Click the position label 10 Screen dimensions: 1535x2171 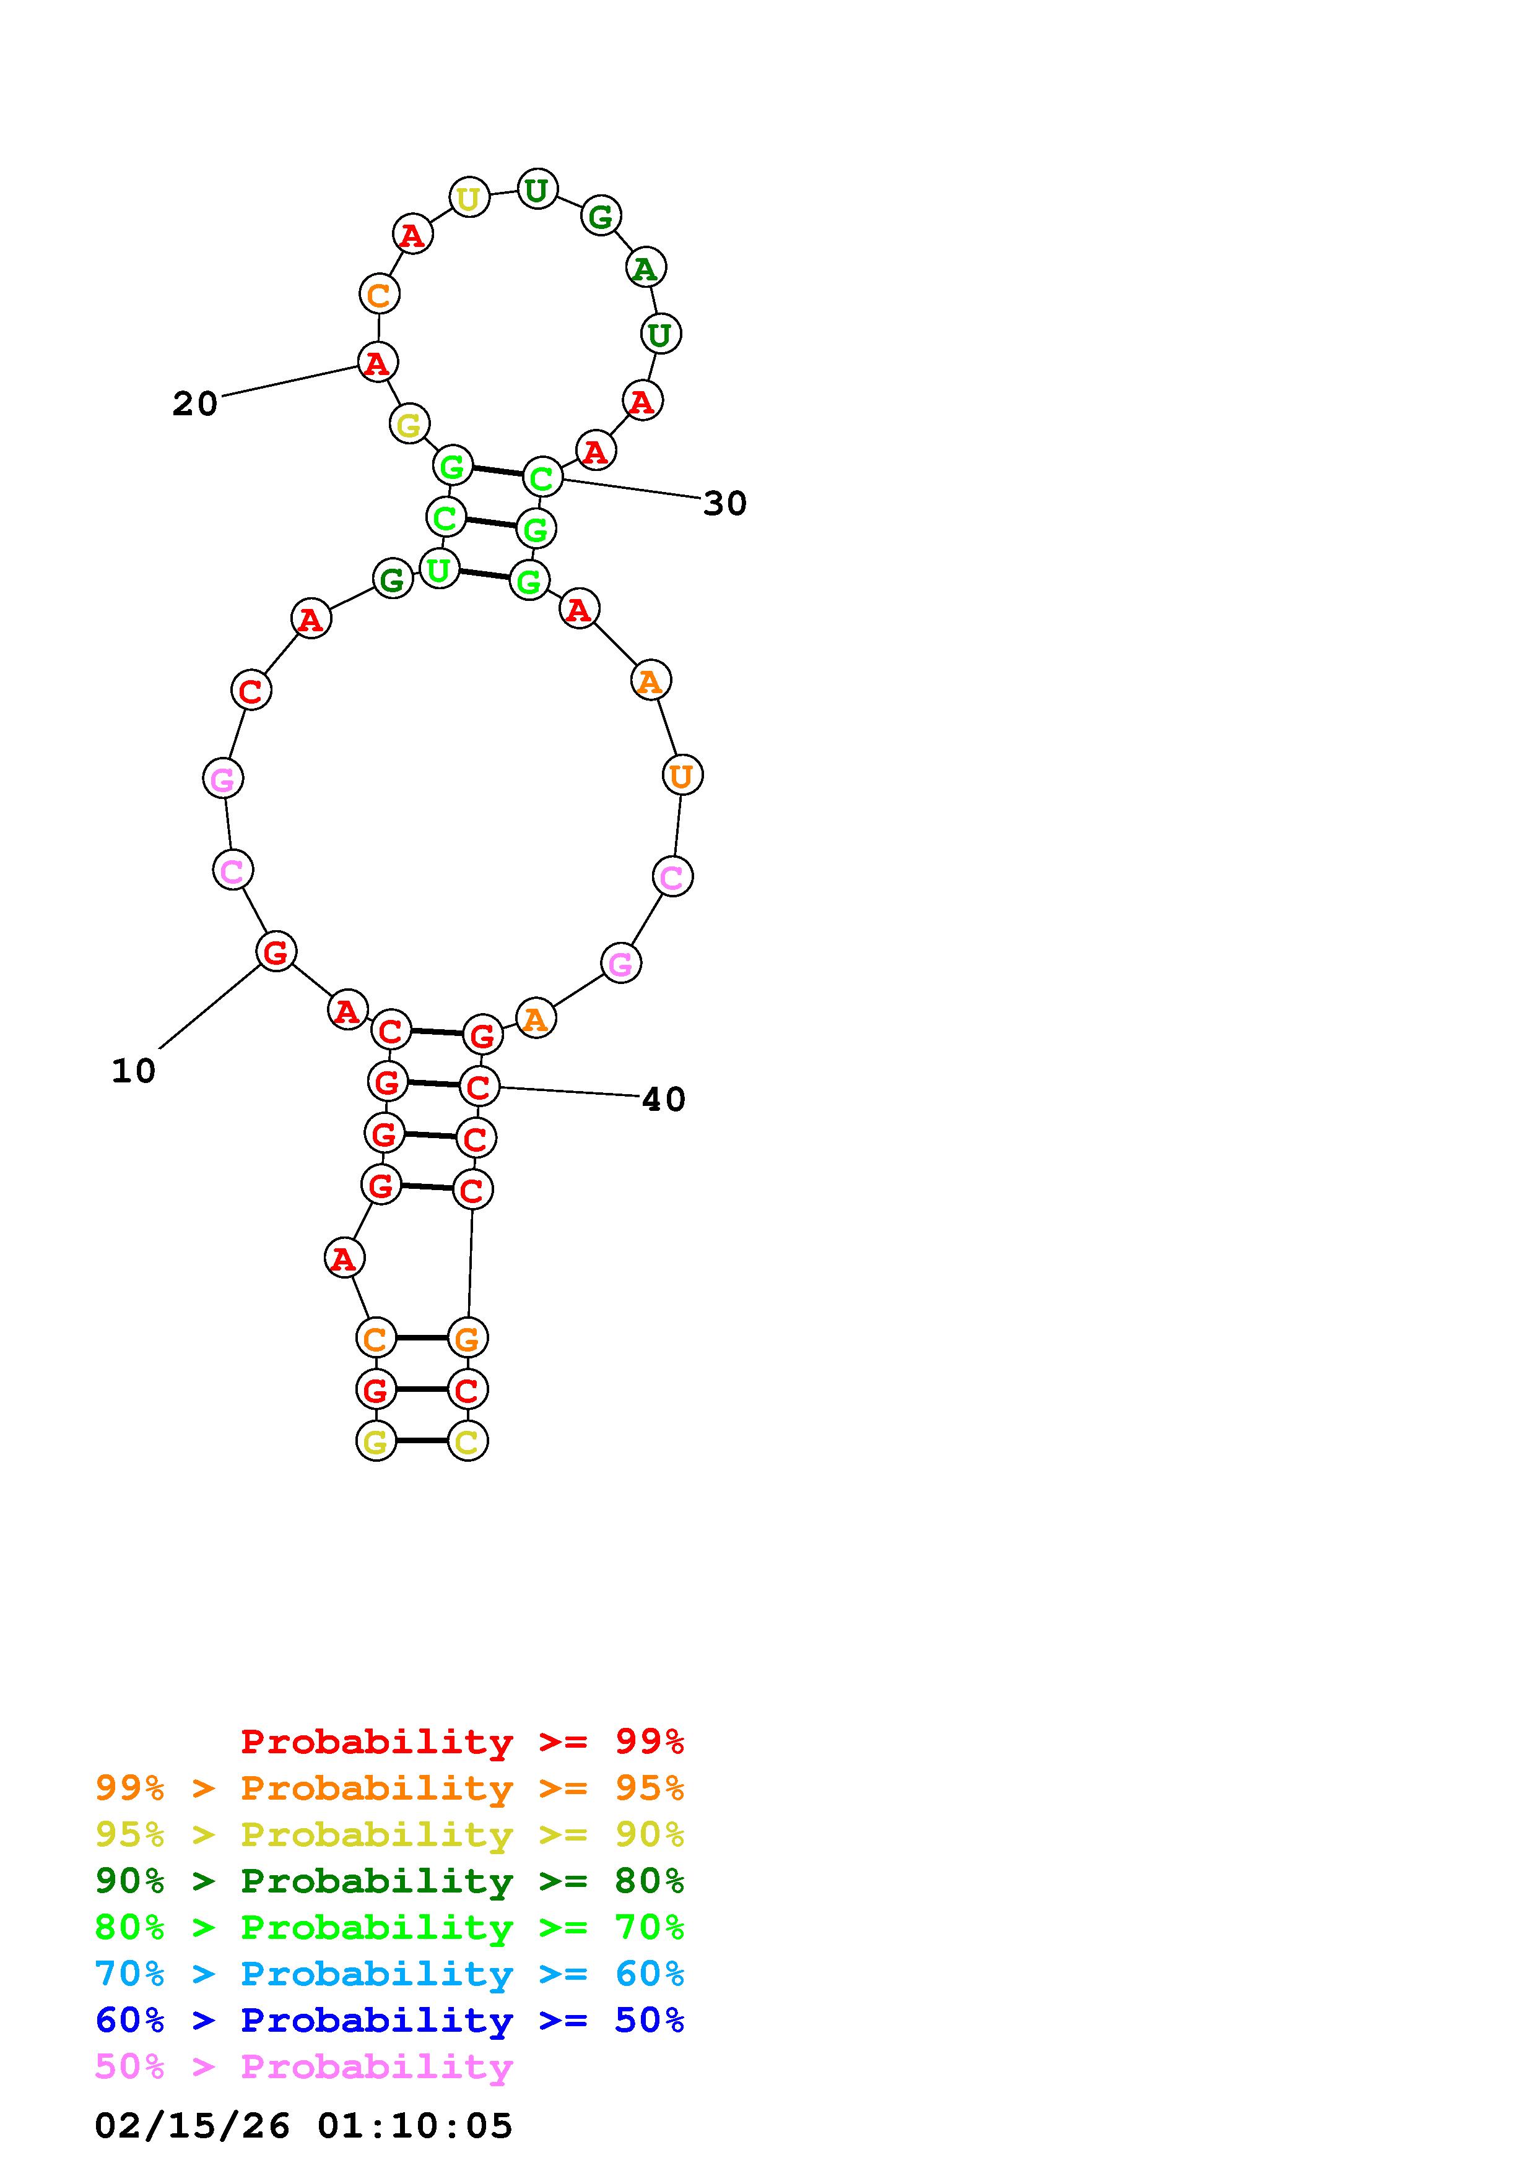(133, 1071)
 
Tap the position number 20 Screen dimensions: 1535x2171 (195, 404)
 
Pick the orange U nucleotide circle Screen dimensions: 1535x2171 (682, 775)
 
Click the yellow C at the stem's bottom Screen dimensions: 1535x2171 (468, 1441)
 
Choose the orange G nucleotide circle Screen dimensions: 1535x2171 (468, 1338)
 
